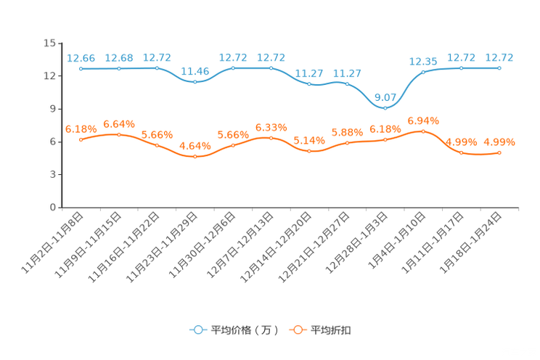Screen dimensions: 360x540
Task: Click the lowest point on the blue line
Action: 385,107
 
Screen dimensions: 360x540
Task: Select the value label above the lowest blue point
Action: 385,97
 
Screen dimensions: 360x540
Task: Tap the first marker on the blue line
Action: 81,69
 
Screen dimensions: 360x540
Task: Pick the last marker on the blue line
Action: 499,68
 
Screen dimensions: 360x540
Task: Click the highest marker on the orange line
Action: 423,131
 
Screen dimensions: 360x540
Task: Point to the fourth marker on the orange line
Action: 195,157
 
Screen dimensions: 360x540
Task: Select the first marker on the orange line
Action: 81,139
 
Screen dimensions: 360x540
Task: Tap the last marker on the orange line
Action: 499,152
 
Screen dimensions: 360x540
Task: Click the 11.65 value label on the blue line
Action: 195,71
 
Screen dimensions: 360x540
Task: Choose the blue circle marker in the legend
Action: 197,330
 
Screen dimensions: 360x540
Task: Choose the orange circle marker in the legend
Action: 298,330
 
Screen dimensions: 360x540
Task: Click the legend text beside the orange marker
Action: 332,330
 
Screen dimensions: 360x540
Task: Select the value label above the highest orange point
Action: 423,120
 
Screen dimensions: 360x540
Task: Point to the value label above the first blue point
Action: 81,57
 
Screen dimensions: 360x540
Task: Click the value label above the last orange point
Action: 499,142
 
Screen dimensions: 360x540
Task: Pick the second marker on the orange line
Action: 118,134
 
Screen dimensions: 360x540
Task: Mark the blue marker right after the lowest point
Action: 423,71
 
